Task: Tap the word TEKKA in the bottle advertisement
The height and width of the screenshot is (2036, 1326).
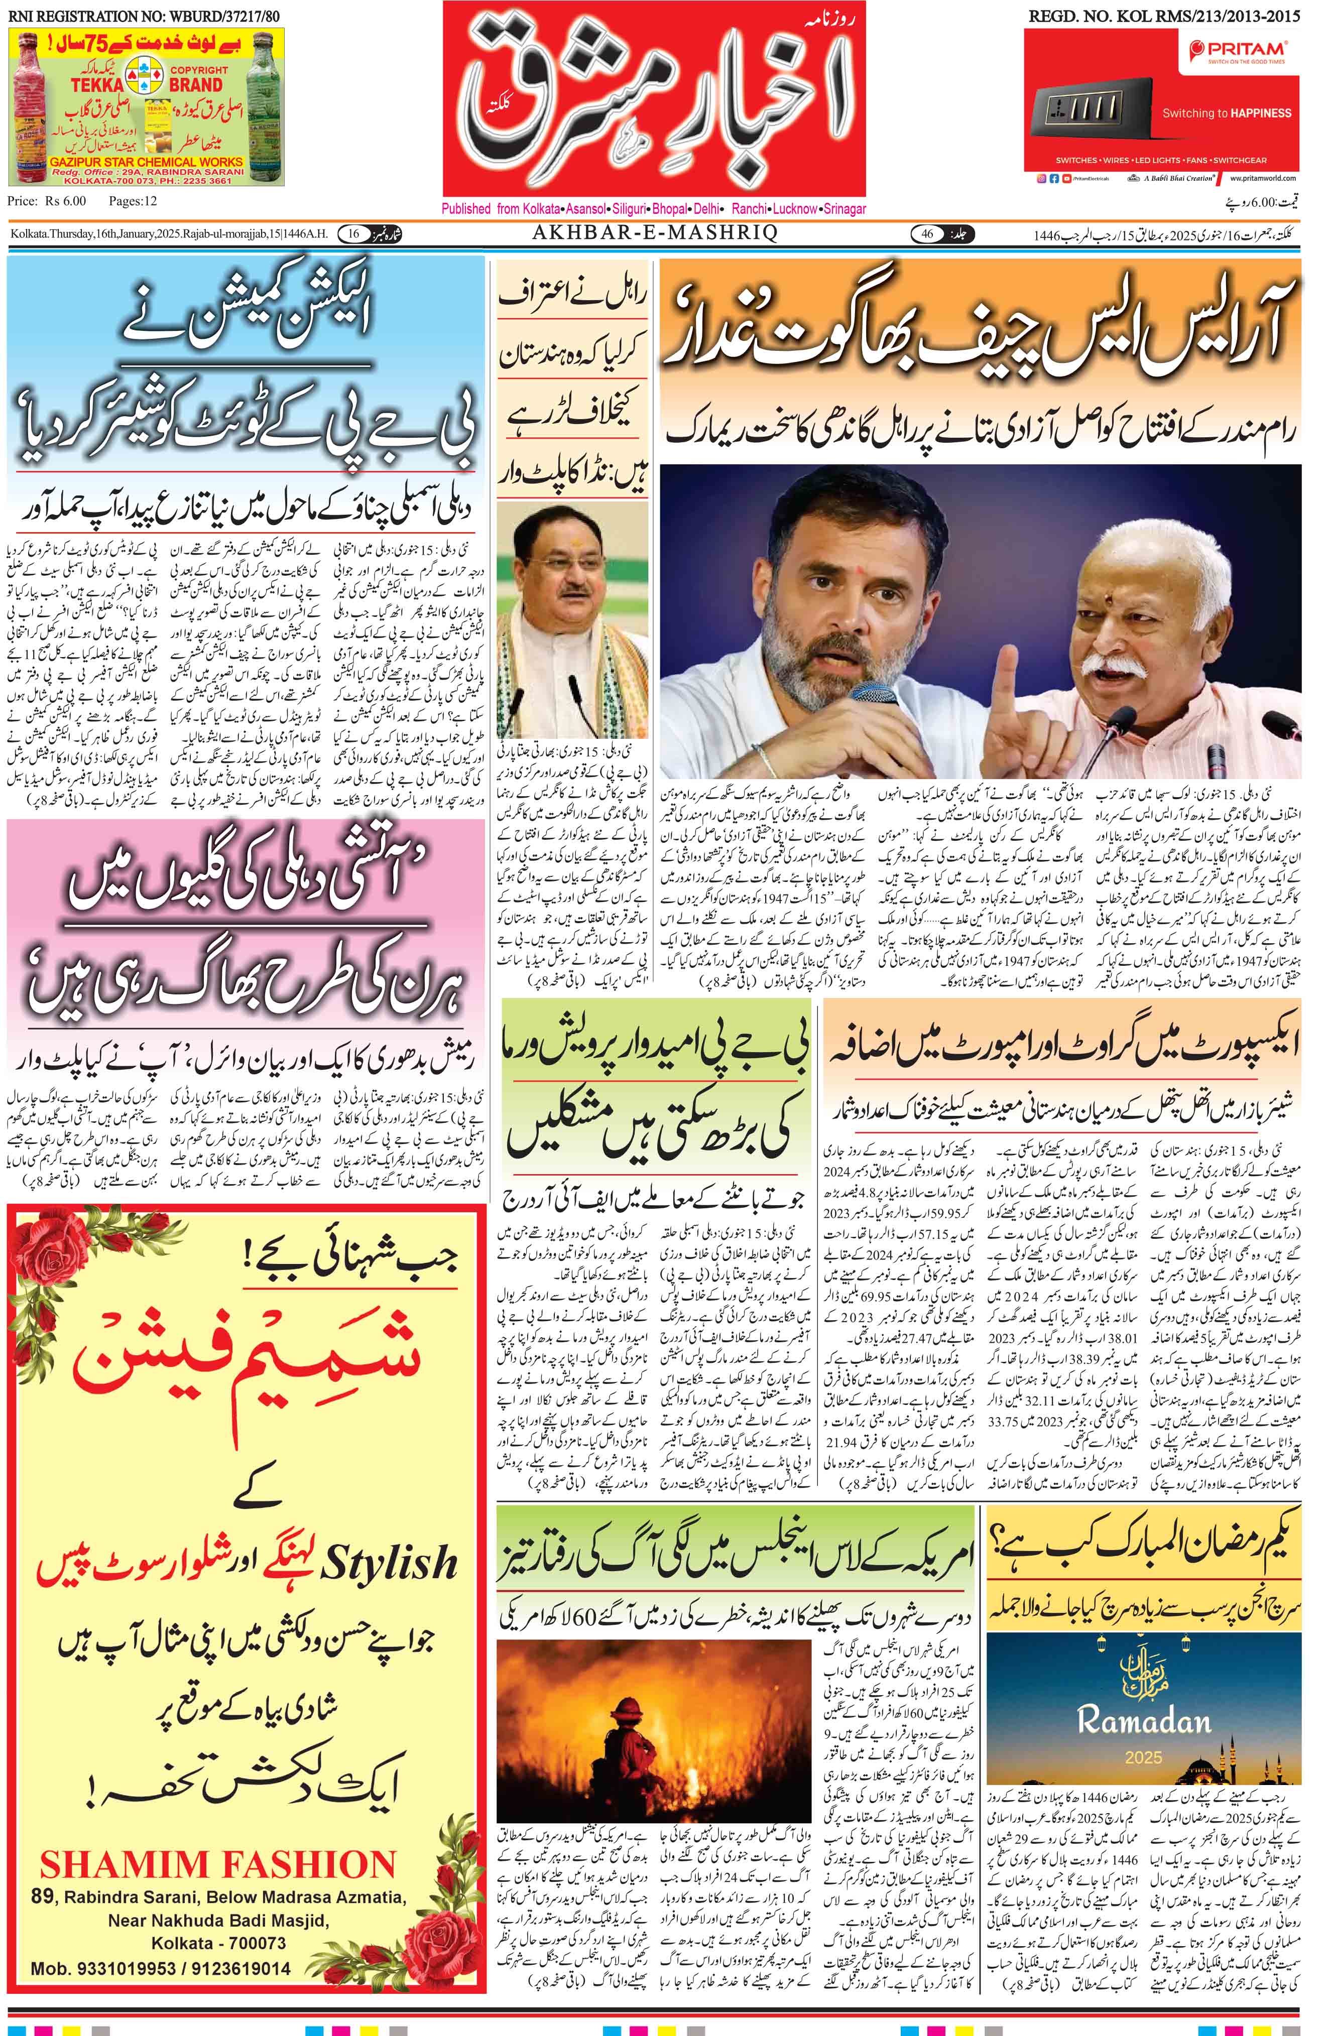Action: coord(97,85)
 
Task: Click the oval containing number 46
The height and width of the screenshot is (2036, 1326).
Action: coord(927,233)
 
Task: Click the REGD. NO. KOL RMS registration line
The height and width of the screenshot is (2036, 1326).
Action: coord(1163,16)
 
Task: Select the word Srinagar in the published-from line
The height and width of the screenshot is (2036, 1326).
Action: coord(845,209)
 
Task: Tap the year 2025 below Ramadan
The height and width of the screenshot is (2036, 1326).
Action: coord(1143,1757)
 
